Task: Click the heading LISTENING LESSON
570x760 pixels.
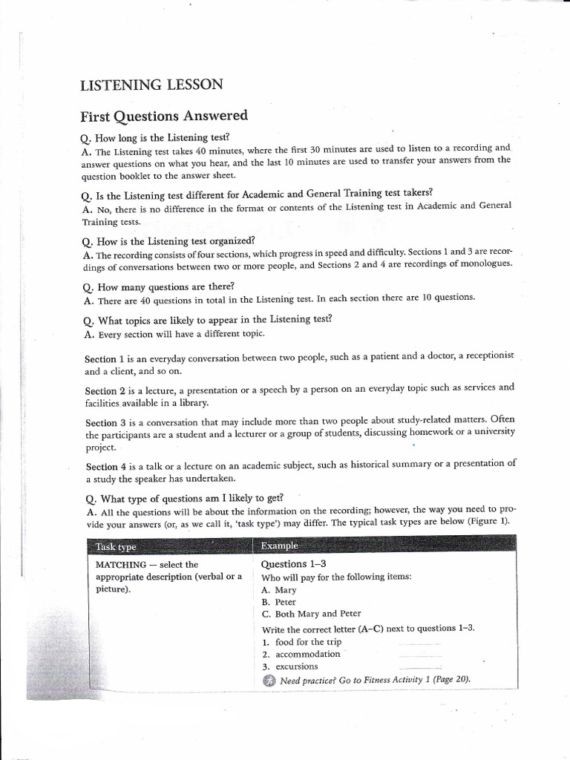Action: tap(151, 85)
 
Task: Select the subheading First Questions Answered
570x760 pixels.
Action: tap(163, 116)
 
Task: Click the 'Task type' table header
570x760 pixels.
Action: tap(117, 547)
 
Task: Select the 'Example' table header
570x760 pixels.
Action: tap(280, 546)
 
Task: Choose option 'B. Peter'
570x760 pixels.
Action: tap(281, 602)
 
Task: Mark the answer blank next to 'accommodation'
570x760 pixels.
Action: tap(419, 656)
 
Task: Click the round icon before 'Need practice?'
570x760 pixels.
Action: tap(269, 681)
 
